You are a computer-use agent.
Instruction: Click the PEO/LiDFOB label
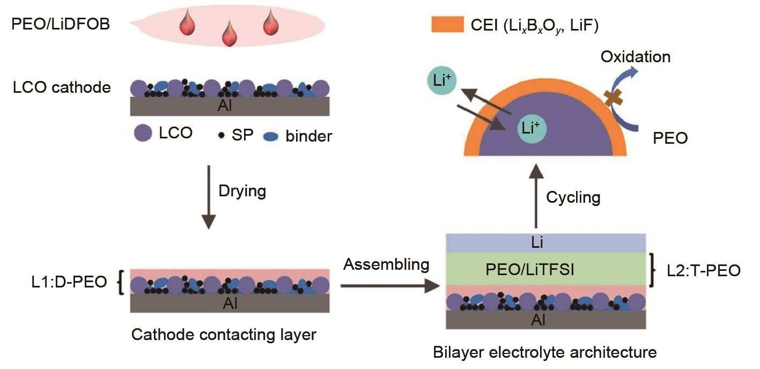[61, 24]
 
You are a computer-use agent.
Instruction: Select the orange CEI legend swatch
[447, 24]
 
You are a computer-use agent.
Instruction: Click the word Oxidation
[636, 57]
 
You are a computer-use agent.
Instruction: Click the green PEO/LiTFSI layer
[545, 269]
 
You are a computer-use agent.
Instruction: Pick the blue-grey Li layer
[545, 243]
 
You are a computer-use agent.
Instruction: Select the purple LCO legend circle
[142, 134]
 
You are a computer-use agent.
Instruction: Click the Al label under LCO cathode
[225, 106]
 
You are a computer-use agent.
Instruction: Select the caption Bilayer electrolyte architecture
[545, 352]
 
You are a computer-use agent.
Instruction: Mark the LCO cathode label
[62, 87]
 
